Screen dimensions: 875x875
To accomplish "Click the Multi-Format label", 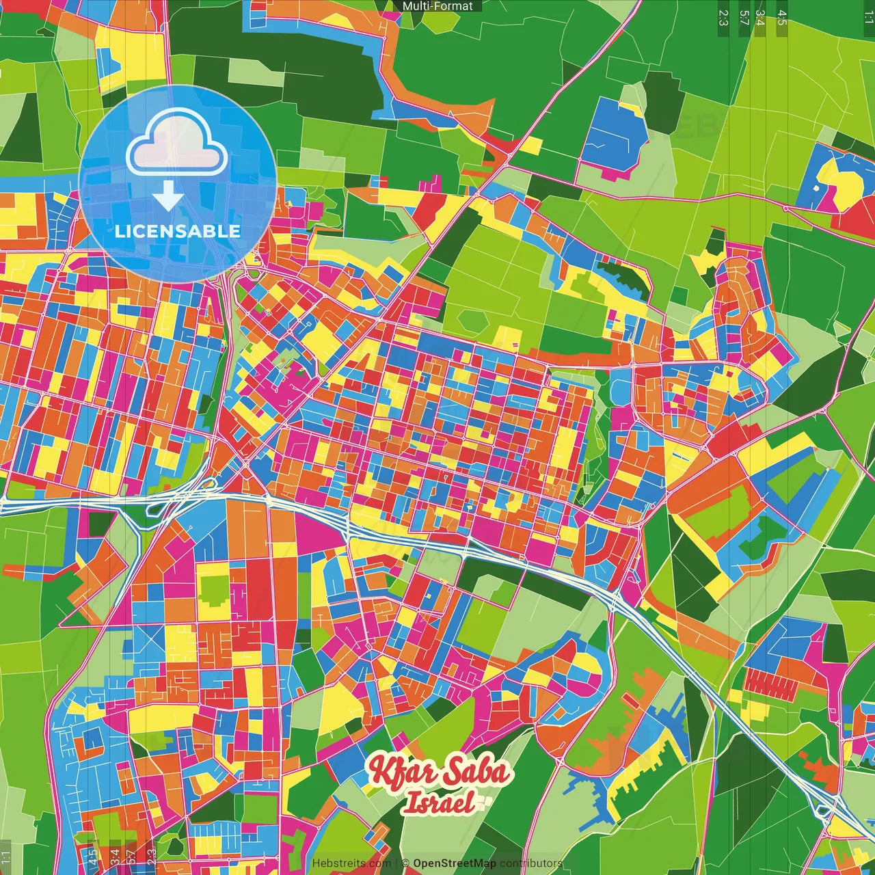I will tap(437, 6).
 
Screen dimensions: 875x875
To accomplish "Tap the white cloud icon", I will tap(177, 144).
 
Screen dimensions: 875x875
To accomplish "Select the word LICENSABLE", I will tap(178, 231).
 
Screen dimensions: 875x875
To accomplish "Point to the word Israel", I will tap(438, 803).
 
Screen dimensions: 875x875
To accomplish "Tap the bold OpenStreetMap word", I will tap(454, 863).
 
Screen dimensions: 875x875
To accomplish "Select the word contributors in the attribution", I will tap(530, 863).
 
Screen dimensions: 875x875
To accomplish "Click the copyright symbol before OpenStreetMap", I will tap(405, 863).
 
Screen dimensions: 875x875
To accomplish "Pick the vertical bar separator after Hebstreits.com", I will tap(396, 863).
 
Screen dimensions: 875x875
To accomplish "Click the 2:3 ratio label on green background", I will tap(723, 17).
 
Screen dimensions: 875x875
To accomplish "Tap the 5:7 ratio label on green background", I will tap(744, 17).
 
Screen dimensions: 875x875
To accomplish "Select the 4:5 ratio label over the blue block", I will tap(93, 857).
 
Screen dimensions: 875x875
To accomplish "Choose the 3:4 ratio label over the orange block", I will tap(114, 854).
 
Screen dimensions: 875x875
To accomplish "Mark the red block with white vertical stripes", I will tap(766, 681).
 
